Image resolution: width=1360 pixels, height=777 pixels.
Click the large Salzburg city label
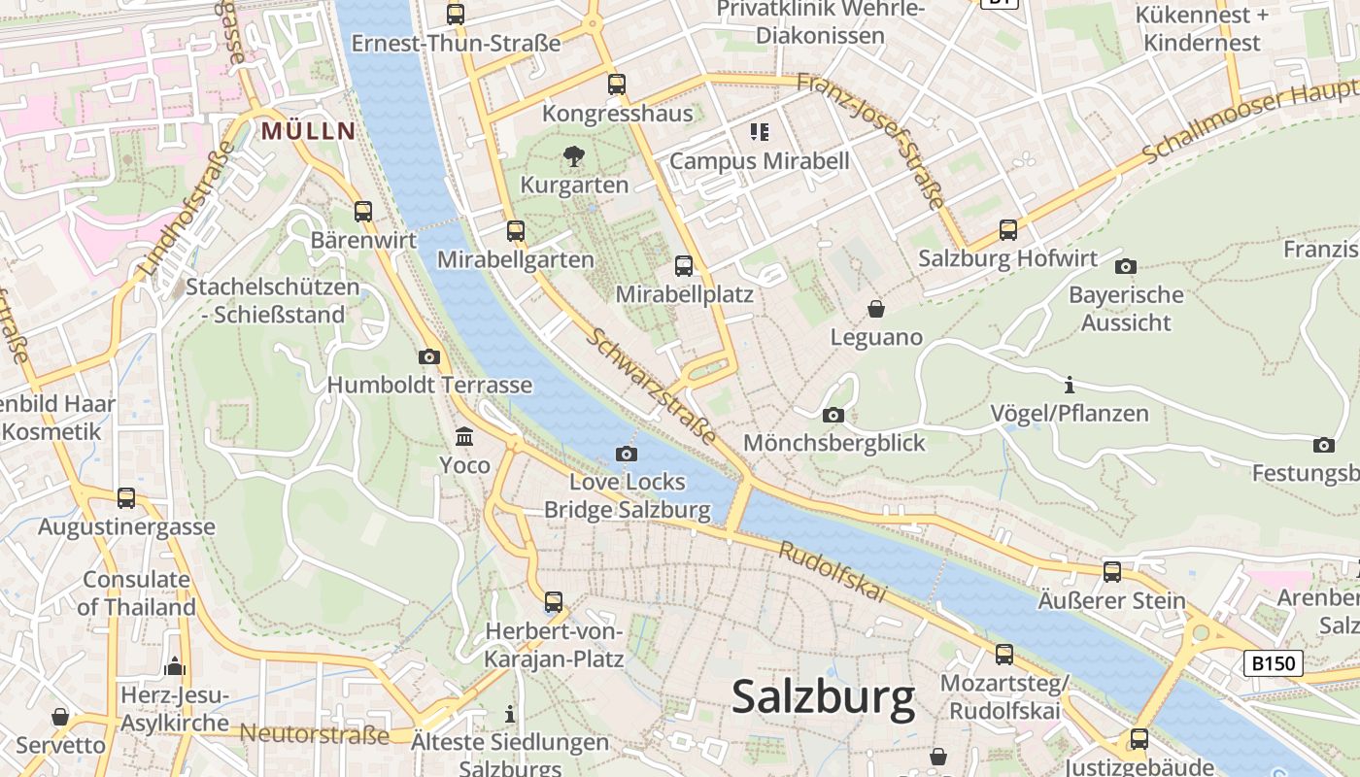click(823, 697)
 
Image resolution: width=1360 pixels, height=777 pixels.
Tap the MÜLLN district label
click(307, 130)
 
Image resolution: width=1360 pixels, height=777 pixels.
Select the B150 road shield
click(1273, 663)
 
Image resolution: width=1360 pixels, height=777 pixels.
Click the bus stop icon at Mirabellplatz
click(684, 265)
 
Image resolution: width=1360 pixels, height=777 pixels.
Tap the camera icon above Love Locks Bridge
click(627, 454)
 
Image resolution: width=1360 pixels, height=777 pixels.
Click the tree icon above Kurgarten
click(574, 155)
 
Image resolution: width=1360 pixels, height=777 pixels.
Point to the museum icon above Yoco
click(464, 437)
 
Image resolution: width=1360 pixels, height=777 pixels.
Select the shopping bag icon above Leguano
click(876, 309)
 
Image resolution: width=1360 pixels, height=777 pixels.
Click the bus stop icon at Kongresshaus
click(617, 84)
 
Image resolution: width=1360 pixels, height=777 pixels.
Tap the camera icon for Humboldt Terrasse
click(428, 356)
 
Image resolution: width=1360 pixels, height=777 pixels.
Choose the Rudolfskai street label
click(833, 571)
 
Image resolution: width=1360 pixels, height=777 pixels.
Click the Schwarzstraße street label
click(652, 387)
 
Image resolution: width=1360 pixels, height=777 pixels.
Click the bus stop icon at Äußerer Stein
click(1112, 572)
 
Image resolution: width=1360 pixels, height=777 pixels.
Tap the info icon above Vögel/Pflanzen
click(1070, 385)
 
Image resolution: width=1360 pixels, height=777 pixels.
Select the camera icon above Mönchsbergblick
click(833, 415)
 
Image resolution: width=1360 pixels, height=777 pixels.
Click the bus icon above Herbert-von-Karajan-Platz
click(554, 602)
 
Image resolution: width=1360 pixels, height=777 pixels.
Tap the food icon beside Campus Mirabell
click(759, 131)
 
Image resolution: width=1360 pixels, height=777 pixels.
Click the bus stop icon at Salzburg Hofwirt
click(1008, 230)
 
